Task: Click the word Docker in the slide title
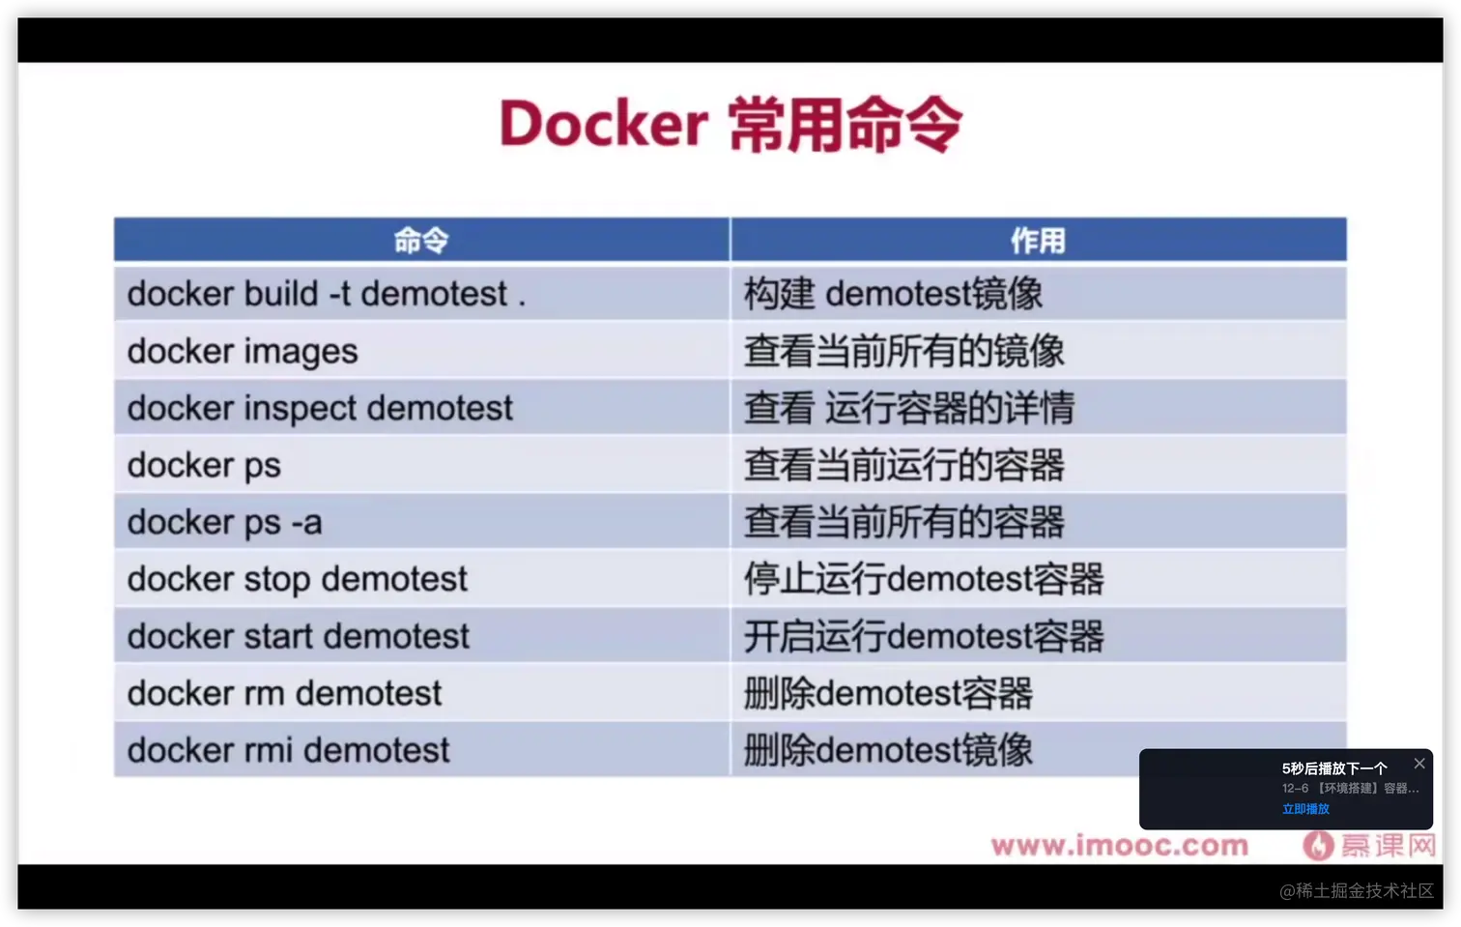tap(603, 124)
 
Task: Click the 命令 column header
tap(421, 240)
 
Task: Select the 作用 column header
tap(1038, 240)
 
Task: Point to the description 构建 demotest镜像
tap(894, 294)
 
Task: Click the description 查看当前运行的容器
tap(904, 465)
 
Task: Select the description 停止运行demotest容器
tap(924, 579)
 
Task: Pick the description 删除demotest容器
tap(888, 693)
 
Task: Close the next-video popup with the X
tap(1419, 764)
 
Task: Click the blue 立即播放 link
tap(1305, 809)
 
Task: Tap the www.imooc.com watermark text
tap(1119, 846)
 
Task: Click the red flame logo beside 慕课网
tap(1318, 846)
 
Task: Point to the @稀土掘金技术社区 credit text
tap(1357, 890)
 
